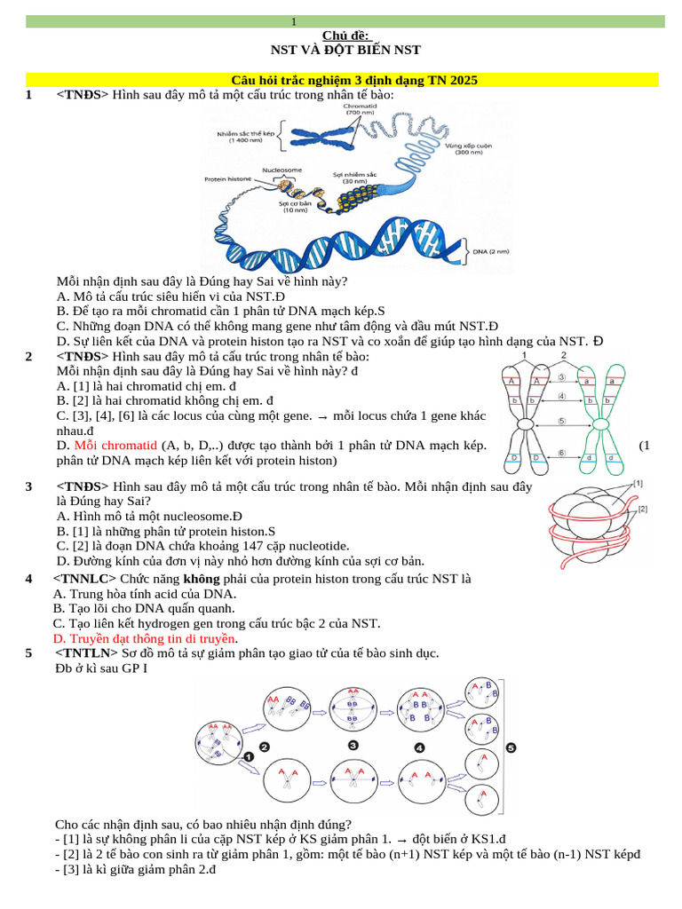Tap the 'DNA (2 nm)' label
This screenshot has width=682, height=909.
coord(490,251)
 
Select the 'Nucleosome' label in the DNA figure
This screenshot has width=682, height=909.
coord(282,170)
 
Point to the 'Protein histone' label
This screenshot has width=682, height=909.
coord(228,178)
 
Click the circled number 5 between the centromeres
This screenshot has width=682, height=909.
coord(562,421)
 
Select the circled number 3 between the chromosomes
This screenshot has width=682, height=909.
coord(562,377)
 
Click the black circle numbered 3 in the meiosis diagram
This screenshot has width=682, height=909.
coord(353,745)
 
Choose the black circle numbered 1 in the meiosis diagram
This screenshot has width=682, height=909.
coord(249,756)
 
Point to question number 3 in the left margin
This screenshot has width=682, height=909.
coord(29,486)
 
